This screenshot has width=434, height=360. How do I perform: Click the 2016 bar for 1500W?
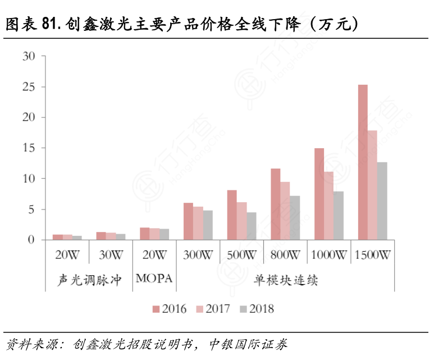(363, 162)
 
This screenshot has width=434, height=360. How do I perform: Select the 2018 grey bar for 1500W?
(382, 201)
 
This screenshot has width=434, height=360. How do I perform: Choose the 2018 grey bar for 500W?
(252, 226)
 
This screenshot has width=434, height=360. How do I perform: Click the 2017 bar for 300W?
(198, 223)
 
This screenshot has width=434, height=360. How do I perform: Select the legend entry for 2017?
(213, 308)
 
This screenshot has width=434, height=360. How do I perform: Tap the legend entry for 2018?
(257, 308)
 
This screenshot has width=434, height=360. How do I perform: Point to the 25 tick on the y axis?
(28, 87)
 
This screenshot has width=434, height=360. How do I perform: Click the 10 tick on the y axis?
(28, 179)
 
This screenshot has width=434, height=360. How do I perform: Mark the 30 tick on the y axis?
(28, 56)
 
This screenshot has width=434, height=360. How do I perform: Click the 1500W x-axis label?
(373, 254)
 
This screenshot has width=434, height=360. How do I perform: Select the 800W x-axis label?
(285, 254)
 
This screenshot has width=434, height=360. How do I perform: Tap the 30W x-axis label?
(111, 254)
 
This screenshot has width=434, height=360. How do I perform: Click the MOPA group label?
(154, 279)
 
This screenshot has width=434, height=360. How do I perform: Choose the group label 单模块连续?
(285, 279)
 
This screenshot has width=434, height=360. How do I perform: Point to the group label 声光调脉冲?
(89, 279)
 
